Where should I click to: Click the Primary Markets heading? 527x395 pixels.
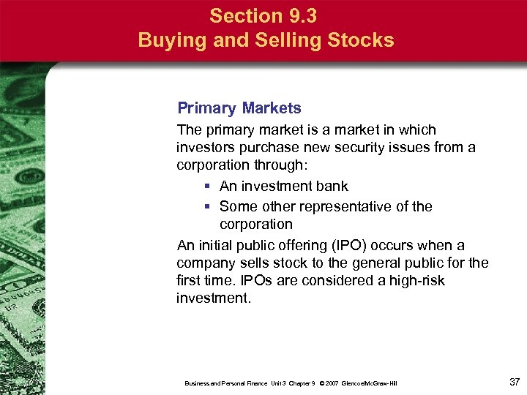click(239, 108)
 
